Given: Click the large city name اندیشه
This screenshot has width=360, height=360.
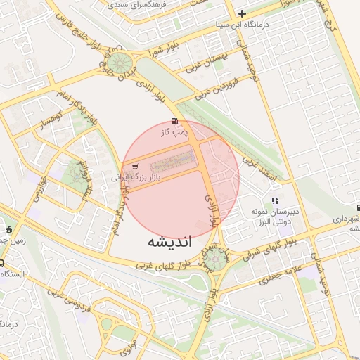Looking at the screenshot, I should coord(172,242).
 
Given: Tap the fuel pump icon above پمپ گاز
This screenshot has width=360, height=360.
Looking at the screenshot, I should coord(174,120).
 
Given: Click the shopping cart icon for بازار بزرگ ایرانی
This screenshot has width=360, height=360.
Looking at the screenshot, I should coord(134,167).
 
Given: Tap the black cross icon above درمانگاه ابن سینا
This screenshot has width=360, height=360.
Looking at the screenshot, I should coord(243,13).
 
